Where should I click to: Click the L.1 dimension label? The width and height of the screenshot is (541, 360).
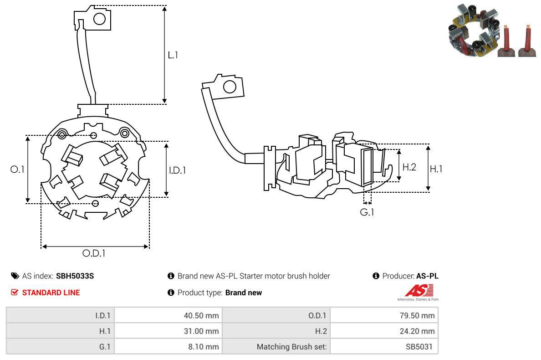(x=173, y=55)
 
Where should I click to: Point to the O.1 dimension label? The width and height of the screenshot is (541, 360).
(x=17, y=169)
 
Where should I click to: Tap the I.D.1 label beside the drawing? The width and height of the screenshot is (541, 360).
(x=178, y=170)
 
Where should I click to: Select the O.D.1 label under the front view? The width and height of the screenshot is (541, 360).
(x=94, y=253)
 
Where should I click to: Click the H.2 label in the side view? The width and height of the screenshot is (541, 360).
(x=409, y=167)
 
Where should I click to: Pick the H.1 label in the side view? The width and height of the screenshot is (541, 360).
(x=436, y=169)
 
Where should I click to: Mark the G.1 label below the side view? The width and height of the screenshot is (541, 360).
(x=367, y=212)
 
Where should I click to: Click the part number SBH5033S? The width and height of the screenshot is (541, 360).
(x=75, y=276)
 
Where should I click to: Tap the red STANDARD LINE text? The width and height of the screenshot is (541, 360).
(x=51, y=293)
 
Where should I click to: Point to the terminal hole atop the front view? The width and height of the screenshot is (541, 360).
(x=99, y=19)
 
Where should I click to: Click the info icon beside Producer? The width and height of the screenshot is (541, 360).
(x=376, y=276)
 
